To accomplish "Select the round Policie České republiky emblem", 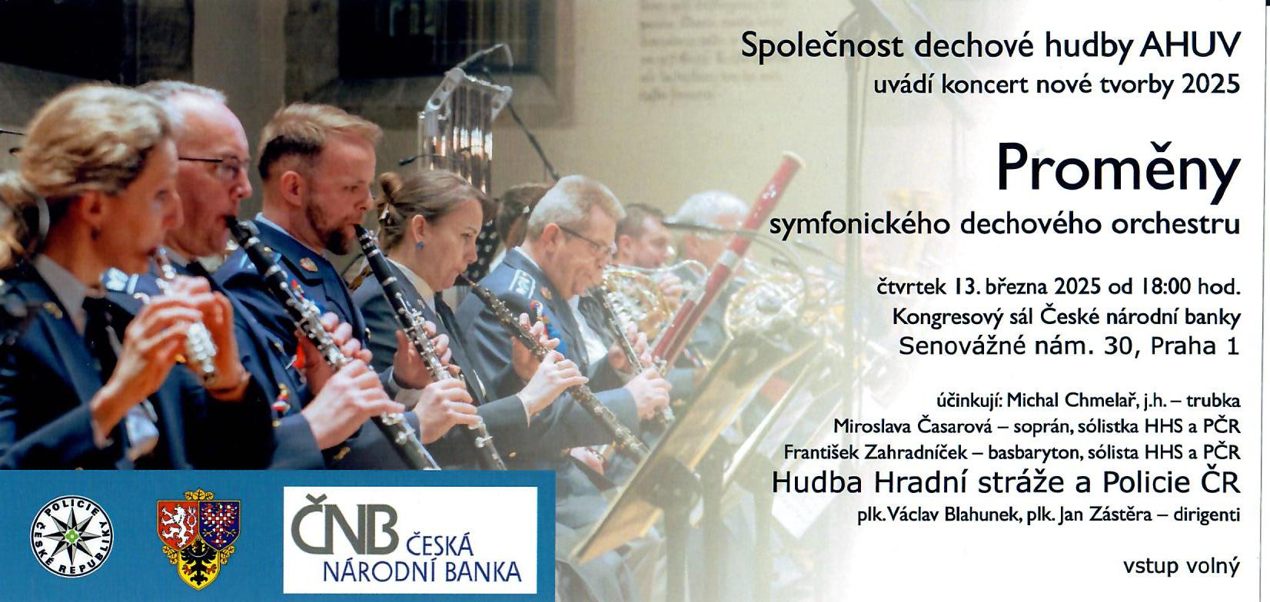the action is point(71,536).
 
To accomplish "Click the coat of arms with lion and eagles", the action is point(198,538).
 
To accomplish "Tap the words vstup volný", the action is point(1182,566).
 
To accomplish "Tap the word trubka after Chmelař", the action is point(1211,400).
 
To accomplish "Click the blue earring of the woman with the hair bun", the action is point(421,245).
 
